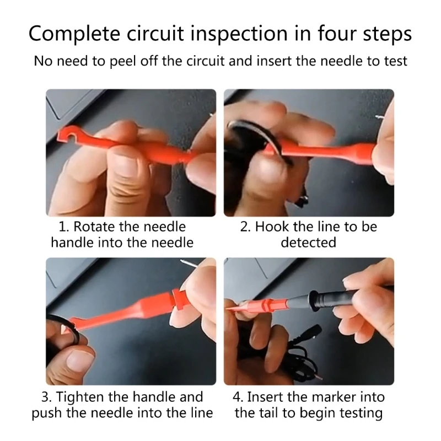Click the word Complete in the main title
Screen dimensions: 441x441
(74, 34)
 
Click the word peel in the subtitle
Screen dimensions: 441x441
(122, 62)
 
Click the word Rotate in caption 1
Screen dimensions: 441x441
(94, 227)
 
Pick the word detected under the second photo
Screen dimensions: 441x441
(308, 243)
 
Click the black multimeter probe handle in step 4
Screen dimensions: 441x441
(337, 299)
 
